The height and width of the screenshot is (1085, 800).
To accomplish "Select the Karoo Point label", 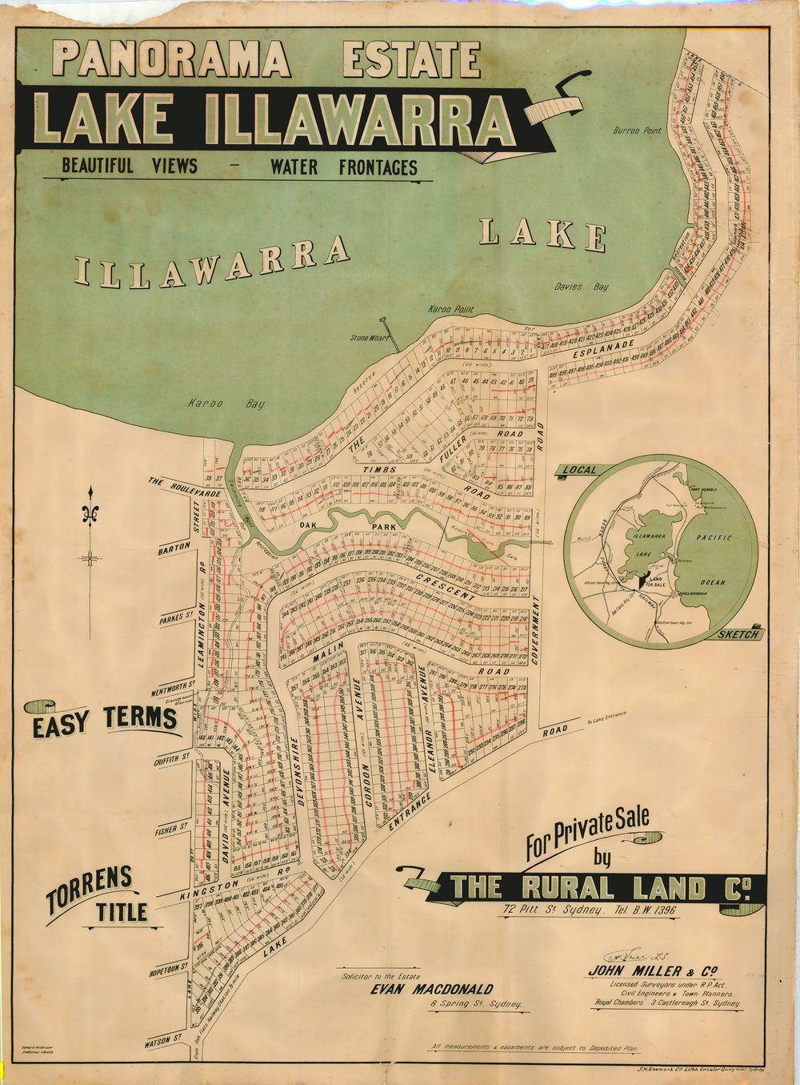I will [452, 309].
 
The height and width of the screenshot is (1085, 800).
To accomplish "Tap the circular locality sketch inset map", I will [661, 549].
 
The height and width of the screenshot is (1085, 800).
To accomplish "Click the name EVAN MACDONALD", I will [431, 988].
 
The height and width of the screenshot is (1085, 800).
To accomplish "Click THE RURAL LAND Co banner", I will [600, 886].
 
